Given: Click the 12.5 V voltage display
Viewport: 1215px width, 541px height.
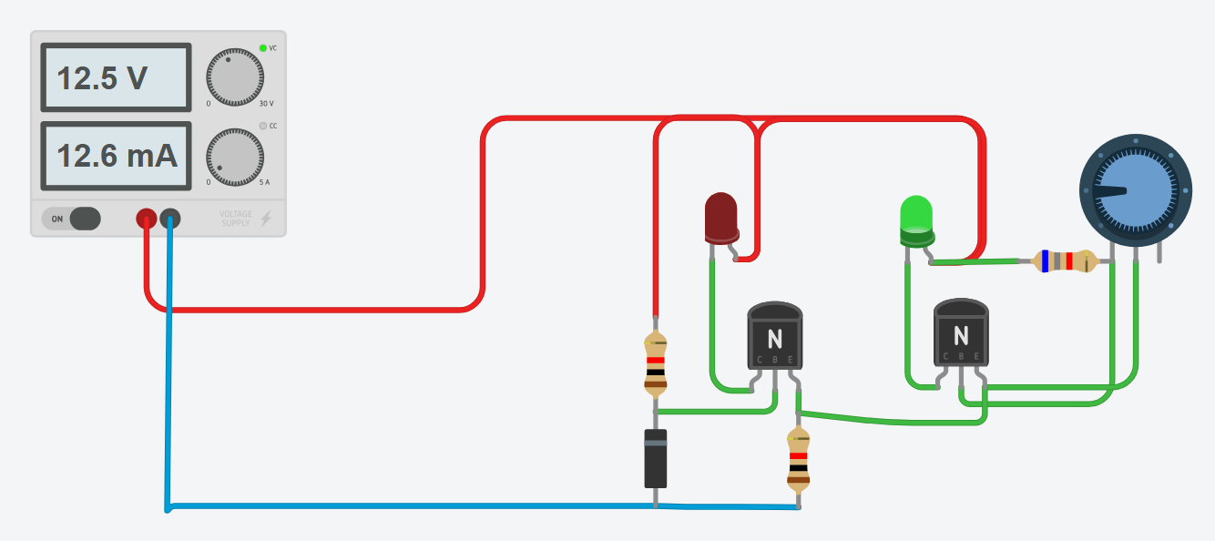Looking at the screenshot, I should coord(116,78).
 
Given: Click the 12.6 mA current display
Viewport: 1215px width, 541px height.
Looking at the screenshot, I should coord(116,157).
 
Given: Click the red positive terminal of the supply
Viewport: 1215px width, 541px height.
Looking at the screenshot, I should coord(146,219).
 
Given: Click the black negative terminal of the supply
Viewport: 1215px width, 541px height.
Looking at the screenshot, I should coord(170,219).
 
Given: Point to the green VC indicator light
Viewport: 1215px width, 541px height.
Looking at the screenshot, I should coord(262,47).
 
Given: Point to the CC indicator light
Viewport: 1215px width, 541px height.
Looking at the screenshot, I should coord(262,126).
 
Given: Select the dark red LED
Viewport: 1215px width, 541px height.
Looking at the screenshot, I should coord(721,217).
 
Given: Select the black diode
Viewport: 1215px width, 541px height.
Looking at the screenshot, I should coord(656,458).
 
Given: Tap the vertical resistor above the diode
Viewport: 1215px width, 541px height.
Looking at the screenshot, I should coord(656,362).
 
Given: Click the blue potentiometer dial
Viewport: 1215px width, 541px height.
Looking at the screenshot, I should coord(1135,190).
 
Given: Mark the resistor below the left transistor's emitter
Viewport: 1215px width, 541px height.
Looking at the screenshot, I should coord(799,461).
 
